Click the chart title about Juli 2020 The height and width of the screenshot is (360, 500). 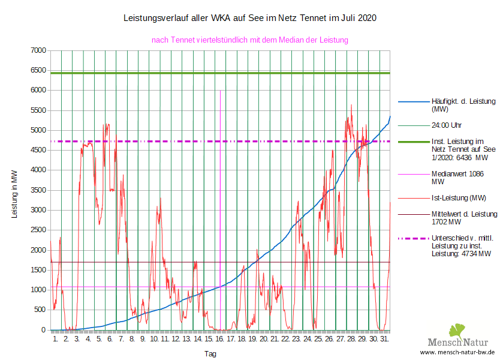249,19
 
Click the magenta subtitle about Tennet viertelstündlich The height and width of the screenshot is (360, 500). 249,40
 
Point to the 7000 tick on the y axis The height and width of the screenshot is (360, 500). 39,50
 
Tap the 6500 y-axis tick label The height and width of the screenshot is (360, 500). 39,70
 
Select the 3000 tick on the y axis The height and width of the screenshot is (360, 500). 39,210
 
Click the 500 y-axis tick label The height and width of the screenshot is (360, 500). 41,310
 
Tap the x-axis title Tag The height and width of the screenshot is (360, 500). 210,354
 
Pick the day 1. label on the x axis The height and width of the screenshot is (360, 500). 55,339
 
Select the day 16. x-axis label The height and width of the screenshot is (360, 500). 219,339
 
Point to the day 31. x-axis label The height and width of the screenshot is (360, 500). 384,339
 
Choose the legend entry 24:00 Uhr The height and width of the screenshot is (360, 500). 447,126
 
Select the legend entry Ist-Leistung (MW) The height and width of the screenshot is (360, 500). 458,197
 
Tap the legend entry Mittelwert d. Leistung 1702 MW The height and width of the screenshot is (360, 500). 464,218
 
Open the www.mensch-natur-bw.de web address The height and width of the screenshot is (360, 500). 457,352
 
